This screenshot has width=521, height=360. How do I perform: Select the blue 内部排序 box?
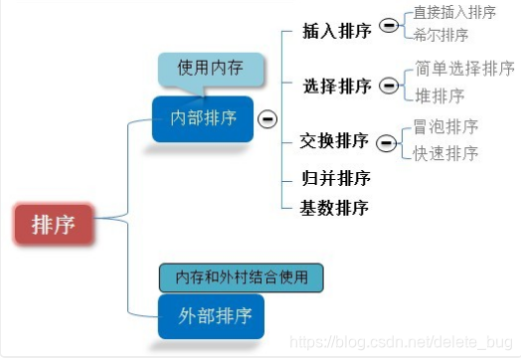point(203,118)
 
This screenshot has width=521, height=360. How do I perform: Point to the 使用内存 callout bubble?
point(209,69)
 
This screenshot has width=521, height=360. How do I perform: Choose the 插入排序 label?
point(337,30)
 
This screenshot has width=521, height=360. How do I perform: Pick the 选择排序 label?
point(337,86)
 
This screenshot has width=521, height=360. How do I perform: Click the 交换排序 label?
point(334,141)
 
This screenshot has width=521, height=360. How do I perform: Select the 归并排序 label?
point(335,179)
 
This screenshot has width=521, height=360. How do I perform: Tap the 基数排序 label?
point(335,208)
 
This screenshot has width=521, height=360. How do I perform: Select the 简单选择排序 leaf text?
point(464,70)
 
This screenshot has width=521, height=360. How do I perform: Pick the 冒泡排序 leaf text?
point(445,127)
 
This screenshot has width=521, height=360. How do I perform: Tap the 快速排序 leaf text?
point(445,152)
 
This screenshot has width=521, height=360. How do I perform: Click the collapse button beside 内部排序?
point(266,119)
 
